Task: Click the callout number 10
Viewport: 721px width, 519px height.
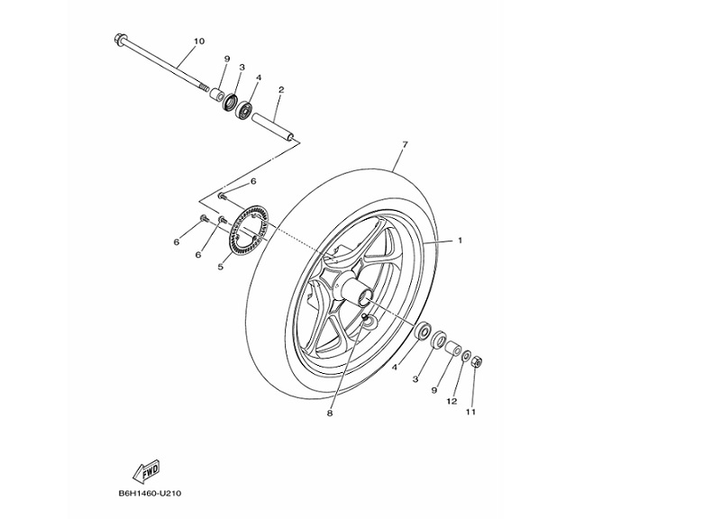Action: (199, 41)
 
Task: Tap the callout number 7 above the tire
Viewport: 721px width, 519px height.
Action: (406, 145)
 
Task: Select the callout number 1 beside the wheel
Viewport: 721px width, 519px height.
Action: (460, 241)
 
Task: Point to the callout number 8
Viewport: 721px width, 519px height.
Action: (330, 414)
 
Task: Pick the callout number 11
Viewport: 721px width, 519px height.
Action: (470, 413)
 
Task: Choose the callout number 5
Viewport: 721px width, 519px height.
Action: (220, 267)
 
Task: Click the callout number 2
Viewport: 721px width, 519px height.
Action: (281, 90)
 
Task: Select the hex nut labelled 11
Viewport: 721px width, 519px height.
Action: (477, 362)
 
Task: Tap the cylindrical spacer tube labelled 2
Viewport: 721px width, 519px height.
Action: (275, 125)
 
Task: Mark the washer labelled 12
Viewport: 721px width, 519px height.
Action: (465, 358)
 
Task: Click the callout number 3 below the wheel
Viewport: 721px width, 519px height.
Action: (415, 379)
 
